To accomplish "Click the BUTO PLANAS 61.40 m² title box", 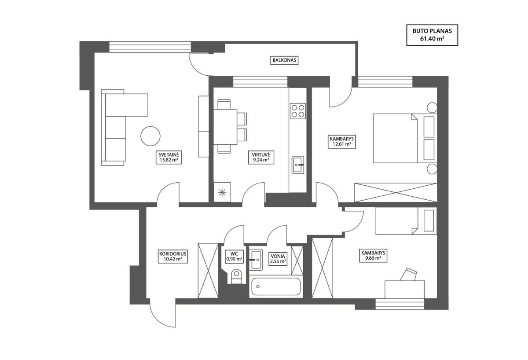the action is point(432,35).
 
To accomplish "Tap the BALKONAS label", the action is point(284,60).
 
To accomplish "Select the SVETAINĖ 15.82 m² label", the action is point(169,158).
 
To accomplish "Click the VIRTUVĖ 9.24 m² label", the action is point(261,158).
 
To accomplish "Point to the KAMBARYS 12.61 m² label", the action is point(342,141).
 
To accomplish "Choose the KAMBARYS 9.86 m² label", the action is point(373,256).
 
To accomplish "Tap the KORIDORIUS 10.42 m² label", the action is point(173,257).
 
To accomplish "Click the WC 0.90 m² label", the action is point(234,257).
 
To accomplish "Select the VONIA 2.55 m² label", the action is point(278,259).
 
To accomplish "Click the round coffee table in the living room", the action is point(150,136).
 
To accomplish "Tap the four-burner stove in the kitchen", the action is point(298,111).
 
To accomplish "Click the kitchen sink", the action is point(298,165).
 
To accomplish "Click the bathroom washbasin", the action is point(256,260).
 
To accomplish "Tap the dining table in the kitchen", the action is point(225,127).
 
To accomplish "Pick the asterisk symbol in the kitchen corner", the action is point(222,193).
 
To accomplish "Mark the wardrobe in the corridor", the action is point(208,271).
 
